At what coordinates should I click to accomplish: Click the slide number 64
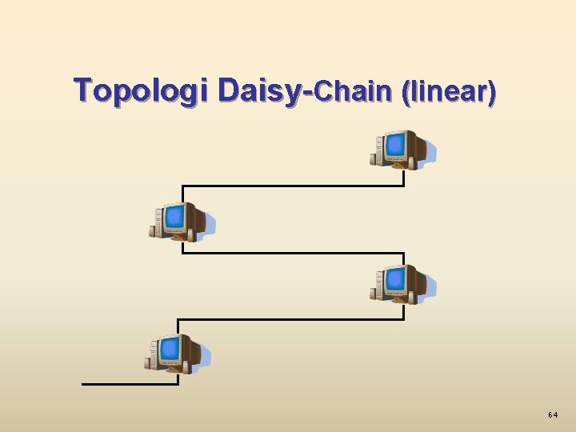[553, 415]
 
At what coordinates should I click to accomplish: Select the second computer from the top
[182, 221]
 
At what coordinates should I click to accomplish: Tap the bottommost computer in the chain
[177, 354]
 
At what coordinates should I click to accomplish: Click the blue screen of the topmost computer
[395, 146]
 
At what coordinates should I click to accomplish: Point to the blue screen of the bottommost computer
[170, 350]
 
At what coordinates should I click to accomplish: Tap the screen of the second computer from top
[174, 216]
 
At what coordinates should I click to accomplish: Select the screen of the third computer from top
[395, 280]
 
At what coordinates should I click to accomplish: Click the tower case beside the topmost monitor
[378, 150]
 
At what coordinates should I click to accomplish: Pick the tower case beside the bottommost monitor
[152, 354]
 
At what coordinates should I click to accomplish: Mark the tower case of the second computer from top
[157, 221]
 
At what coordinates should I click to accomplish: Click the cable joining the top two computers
[293, 186]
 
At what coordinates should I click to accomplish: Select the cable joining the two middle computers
[293, 253]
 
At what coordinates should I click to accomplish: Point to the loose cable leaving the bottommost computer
[128, 384]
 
